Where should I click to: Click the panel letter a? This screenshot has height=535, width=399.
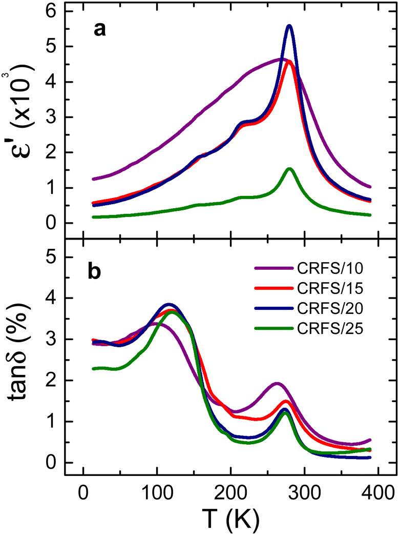point(99,30)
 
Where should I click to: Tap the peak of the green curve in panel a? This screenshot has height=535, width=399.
point(289,169)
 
